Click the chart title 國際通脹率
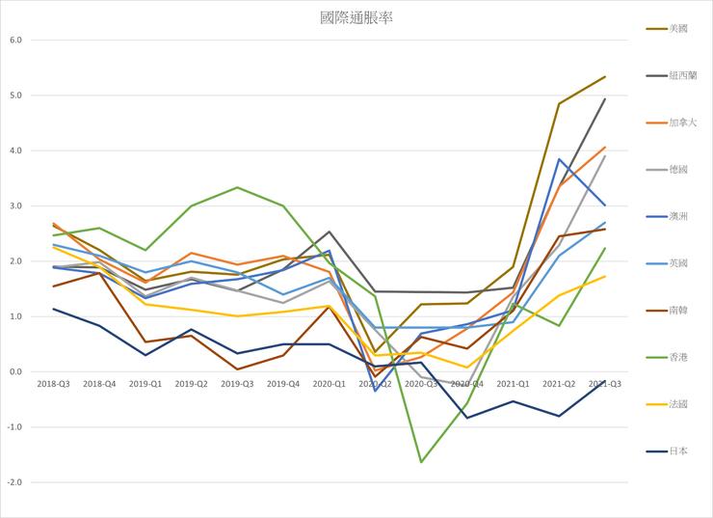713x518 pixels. tap(356, 18)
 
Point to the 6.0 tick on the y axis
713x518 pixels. tap(14, 41)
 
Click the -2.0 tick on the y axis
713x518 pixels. tap(13, 482)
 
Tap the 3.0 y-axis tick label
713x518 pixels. tap(14, 206)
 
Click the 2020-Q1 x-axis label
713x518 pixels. tap(330, 384)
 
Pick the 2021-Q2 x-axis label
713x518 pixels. tap(559, 384)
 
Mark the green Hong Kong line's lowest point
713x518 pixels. tap(421, 462)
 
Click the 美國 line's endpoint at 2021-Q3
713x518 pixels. tap(605, 76)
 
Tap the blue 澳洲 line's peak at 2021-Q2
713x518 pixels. tap(559, 159)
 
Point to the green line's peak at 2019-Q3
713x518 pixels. tap(237, 187)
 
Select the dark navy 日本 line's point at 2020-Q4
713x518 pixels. tap(467, 418)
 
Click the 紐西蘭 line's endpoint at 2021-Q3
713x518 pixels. tap(605, 98)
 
